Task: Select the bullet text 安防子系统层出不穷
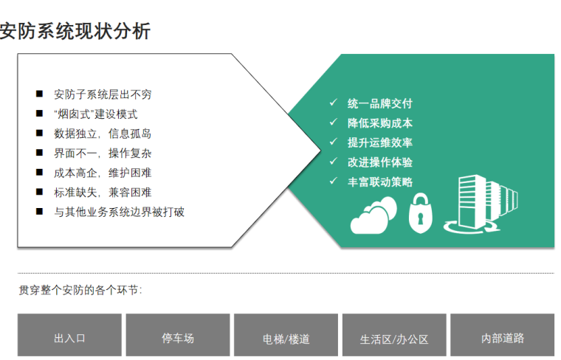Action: click(103, 94)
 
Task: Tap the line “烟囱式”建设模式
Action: click(95, 114)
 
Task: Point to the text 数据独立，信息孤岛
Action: click(103, 134)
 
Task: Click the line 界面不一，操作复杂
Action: click(103, 153)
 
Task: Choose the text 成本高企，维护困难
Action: click(103, 173)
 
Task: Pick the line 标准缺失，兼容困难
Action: click(103, 192)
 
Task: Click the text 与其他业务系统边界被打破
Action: click(119, 212)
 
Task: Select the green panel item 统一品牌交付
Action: click(379, 103)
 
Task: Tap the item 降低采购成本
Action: click(379, 123)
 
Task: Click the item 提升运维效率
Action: click(379, 142)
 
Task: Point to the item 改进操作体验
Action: click(379, 162)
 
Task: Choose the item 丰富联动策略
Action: click(379, 181)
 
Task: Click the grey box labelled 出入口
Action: click(69, 338)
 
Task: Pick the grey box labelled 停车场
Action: click(178, 338)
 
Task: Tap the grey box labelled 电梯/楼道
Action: click(286, 339)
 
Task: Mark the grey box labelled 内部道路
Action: click(502, 338)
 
